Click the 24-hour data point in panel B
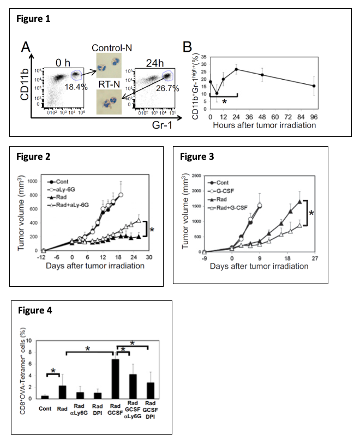[236, 69]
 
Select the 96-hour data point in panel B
[314, 86]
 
